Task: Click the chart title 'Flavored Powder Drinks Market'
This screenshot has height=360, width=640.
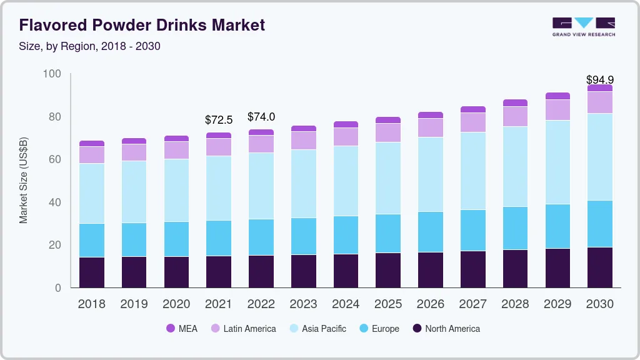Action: pyautogui.click(x=142, y=25)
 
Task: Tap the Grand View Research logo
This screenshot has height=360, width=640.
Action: pyautogui.click(x=583, y=27)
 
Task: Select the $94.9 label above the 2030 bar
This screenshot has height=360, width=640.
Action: pyautogui.click(x=599, y=80)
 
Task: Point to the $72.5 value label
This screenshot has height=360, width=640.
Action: pyautogui.click(x=219, y=119)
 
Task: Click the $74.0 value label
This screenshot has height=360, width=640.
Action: pyautogui.click(x=261, y=117)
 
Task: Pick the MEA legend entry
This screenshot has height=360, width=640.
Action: pyautogui.click(x=181, y=329)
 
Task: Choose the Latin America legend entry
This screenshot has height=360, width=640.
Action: pyautogui.click(x=242, y=329)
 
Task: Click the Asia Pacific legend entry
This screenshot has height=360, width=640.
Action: pyautogui.click(x=317, y=329)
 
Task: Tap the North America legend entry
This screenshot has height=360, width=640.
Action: pyautogui.click(x=446, y=329)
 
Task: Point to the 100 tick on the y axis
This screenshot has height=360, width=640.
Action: pyautogui.click(x=52, y=74)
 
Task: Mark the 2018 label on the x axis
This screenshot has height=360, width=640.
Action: pyautogui.click(x=91, y=304)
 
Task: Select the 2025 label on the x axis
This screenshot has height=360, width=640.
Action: pyautogui.click(x=388, y=304)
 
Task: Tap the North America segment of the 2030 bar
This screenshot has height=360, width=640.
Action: pyautogui.click(x=600, y=267)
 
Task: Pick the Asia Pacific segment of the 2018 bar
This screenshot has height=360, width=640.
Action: pyautogui.click(x=91, y=193)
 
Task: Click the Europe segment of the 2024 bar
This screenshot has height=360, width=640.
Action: pyautogui.click(x=346, y=235)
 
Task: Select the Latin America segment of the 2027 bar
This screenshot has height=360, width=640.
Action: pyautogui.click(x=473, y=122)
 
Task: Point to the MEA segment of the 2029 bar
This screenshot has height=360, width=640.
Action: pyautogui.click(x=557, y=96)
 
